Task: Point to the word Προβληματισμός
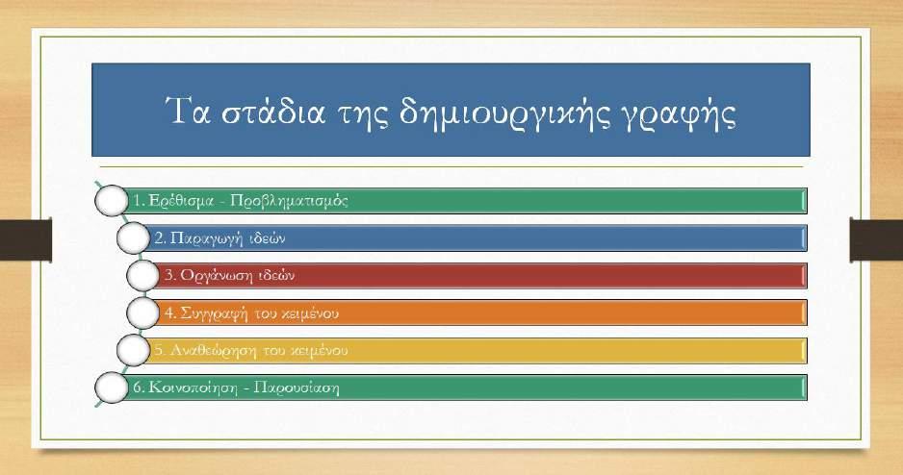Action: [x=289, y=201]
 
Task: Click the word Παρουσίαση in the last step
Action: [x=297, y=387]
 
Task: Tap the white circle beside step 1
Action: [x=111, y=201]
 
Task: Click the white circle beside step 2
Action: [x=133, y=238]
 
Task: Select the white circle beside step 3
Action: [x=142, y=275]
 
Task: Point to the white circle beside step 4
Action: [x=142, y=312]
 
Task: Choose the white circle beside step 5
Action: [x=133, y=350]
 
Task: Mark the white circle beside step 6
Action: [x=111, y=387]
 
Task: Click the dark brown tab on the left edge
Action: [x=26, y=239]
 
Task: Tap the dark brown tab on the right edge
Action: [x=876, y=239]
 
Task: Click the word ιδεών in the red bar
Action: [x=276, y=275]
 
